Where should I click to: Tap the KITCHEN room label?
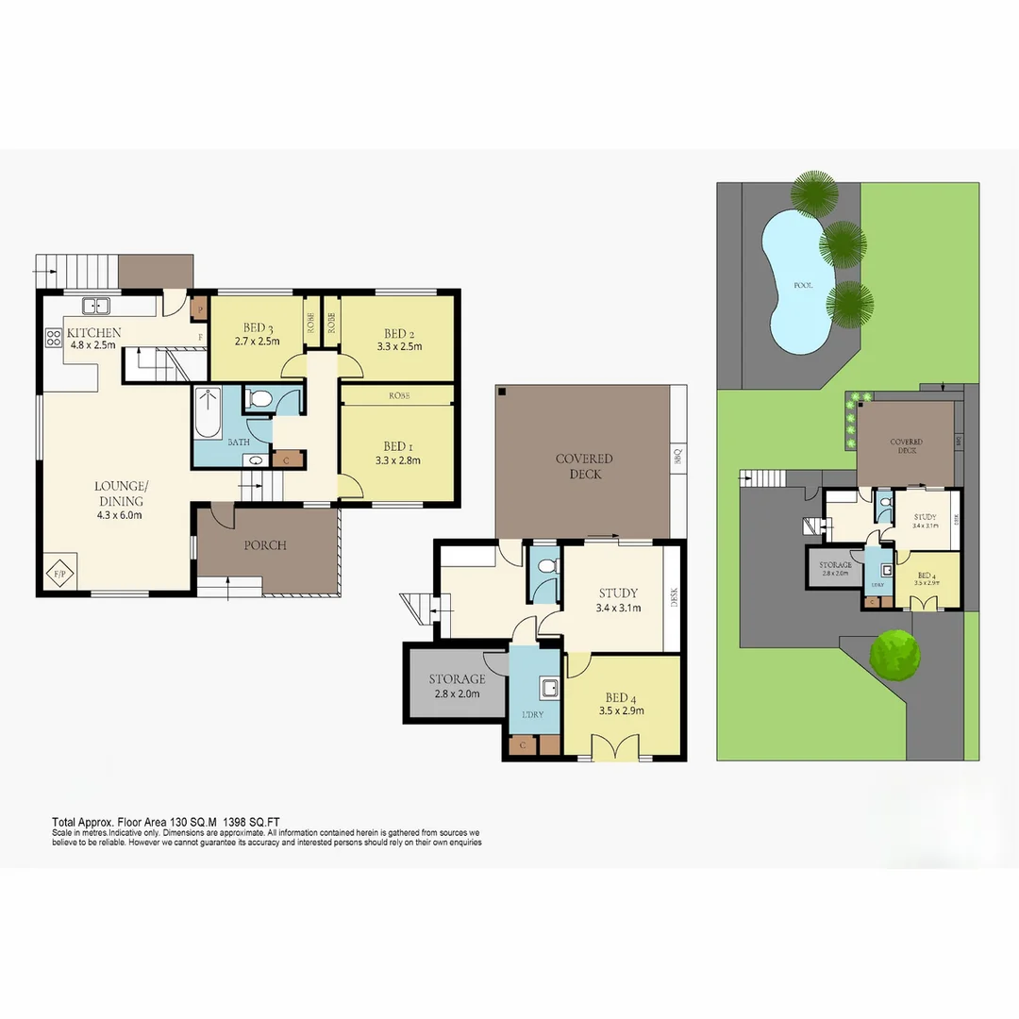coord(93,332)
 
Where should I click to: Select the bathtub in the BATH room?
coord(207,414)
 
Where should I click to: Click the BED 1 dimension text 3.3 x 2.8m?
coord(396,461)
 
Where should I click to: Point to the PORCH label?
coord(265,545)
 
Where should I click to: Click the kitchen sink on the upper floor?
coord(95,306)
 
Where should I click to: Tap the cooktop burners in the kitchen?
coord(53,338)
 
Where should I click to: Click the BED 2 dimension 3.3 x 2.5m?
coord(397,346)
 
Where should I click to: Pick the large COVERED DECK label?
coord(584,466)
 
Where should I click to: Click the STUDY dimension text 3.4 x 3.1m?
coord(618,609)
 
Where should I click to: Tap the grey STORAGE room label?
coord(457,678)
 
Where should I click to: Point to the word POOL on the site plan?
coord(803,284)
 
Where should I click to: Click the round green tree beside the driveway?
coord(895,654)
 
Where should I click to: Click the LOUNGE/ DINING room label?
coord(121,493)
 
